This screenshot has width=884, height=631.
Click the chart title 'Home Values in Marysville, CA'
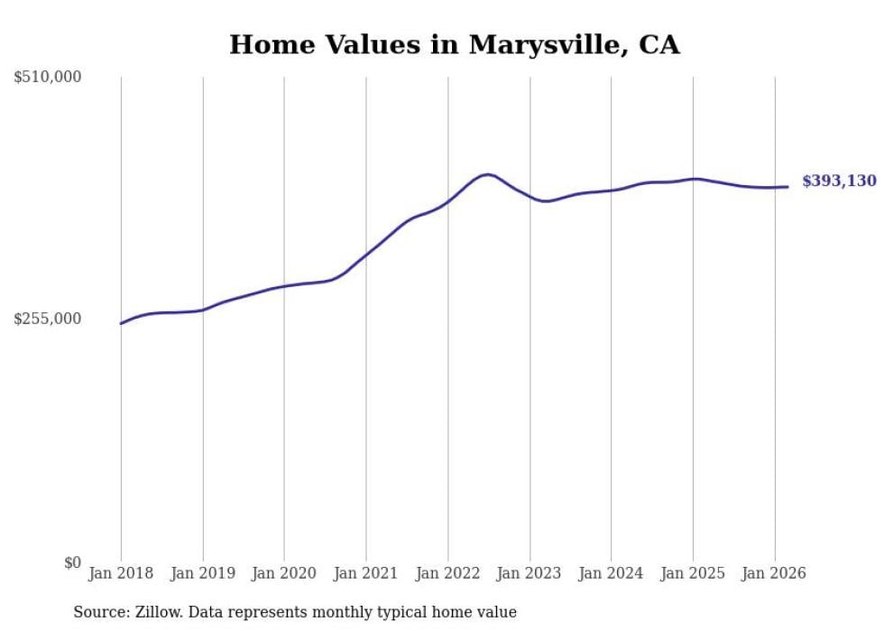click(x=454, y=44)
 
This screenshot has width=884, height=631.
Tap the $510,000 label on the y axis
click(x=48, y=78)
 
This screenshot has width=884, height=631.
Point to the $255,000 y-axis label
click(x=48, y=319)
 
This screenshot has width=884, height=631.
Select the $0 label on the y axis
click(x=72, y=562)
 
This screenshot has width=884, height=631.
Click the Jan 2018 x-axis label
click(x=121, y=573)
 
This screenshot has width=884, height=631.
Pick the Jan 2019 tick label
click(x=202, y=573)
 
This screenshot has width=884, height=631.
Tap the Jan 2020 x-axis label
click(x=284, y=573)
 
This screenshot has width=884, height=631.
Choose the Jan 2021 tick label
click(x=365, y=573)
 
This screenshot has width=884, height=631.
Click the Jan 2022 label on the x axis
click(x=447, y=573)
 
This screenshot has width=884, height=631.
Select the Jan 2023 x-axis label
click(x=529, y=573)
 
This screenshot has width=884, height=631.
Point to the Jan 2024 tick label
click(x=611, y=573)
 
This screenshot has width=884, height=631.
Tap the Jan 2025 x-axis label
click(x=693, y=573)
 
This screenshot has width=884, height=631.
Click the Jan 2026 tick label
click(x=774, y=573)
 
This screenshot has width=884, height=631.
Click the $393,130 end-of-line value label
click(x=838, y=181)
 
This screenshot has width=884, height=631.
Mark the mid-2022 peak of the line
click(x=488, y=174)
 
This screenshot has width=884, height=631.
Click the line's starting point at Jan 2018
click(x=121, y=323)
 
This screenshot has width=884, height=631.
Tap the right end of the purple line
click(x=787, y=187)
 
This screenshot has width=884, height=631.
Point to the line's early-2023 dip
click(x=545, y=200)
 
